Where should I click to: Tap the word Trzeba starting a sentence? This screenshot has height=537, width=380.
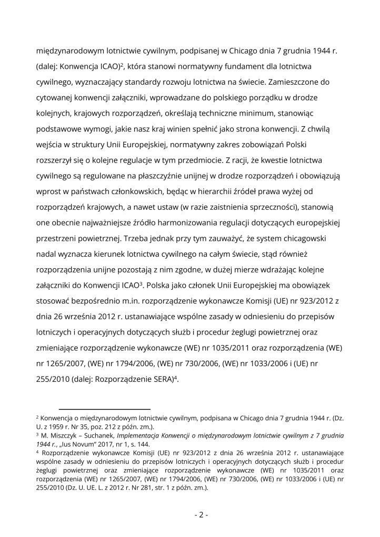click(x=136, y=238)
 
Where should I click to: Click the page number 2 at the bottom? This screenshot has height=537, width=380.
click(x=201, y=515)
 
